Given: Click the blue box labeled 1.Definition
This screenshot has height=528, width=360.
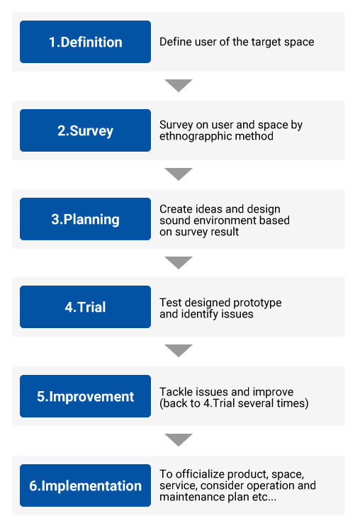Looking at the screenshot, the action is pyautogui.click(x=85, y=42).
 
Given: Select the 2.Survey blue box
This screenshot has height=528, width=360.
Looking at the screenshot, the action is pyautogui.click(x=85, y=130).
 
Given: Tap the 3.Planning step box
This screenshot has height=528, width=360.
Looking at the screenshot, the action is pyautogui.click(x=85, y=219).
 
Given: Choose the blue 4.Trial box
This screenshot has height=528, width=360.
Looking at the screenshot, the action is pyautogui.click(x=85, y=307).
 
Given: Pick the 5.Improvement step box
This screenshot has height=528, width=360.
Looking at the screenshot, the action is pyautogui.click(x=85, y=396).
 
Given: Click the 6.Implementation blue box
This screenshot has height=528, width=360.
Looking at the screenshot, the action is pyautogui.click(x=85, y=485).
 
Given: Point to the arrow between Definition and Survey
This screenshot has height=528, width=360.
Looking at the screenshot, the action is pyautogui.click(x=179, y=85).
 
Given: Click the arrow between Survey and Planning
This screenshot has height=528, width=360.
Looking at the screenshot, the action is pyautogui.click(x=179, y=174).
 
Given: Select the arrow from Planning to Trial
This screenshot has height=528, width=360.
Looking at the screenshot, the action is pyautogui.click(x=179, y=262).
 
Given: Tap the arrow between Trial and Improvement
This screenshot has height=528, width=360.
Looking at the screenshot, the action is pyautogui.click(x=179, y=350).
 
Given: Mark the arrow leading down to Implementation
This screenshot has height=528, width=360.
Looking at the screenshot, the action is pyautogui.click(x=179, y=439).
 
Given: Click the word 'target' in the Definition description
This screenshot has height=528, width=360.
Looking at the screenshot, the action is pyautogui.click(x=266, y=42).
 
